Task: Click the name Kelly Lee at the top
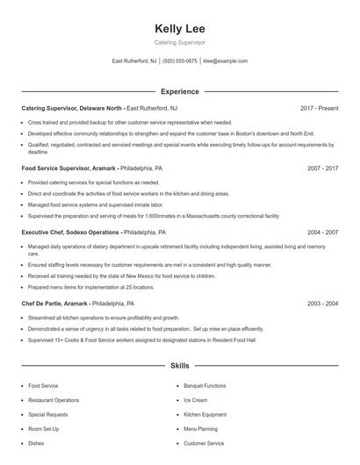click(180, 28)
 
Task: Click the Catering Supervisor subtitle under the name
click(180, 41)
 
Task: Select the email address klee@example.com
click(226, 61)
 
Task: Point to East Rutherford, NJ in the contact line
click(134, 61)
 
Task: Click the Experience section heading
click(180, 91)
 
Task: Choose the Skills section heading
click(180, 365)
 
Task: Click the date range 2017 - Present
click(320, 108)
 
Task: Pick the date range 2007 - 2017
click(323, 167)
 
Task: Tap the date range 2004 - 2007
click(323, 232)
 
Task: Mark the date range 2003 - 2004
click(323, 303)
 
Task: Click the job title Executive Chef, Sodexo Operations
click(70, 232)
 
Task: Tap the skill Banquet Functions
click(205, 385)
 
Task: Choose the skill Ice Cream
click(195, 400)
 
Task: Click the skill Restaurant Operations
click(54, 400)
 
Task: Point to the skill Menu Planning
click(200, 429)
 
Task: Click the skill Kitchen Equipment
click(204, 414)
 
